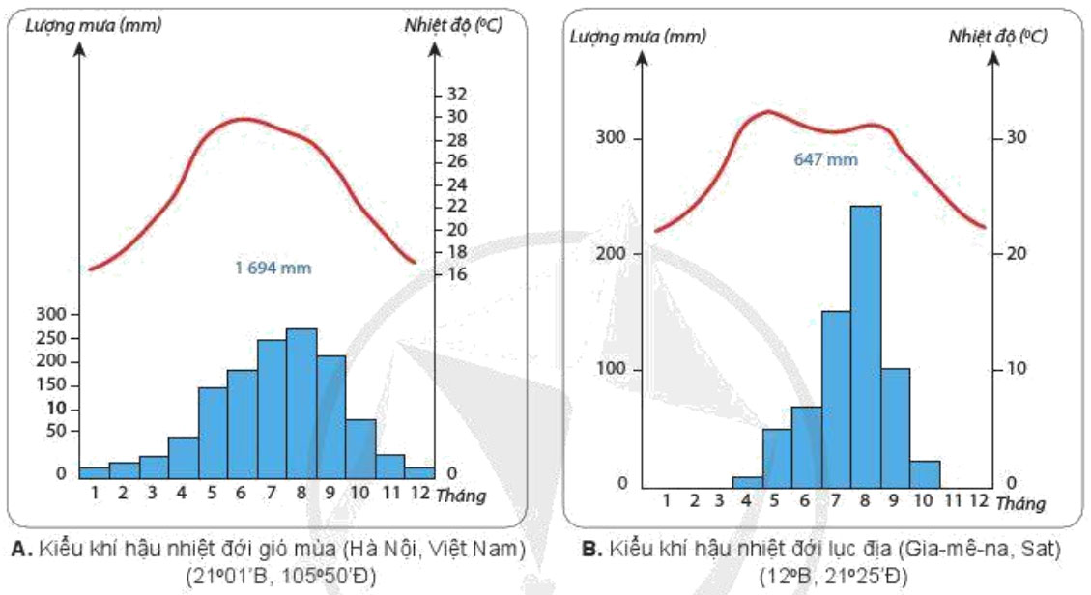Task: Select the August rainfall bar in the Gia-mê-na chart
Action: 865,348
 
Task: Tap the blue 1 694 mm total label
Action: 273,268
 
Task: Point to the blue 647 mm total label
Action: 827,159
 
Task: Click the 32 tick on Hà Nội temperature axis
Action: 456,95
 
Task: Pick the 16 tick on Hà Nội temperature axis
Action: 456,274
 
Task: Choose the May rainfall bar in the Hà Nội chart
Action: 213,433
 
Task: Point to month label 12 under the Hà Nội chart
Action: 419,493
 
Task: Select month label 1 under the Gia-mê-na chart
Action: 667,500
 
